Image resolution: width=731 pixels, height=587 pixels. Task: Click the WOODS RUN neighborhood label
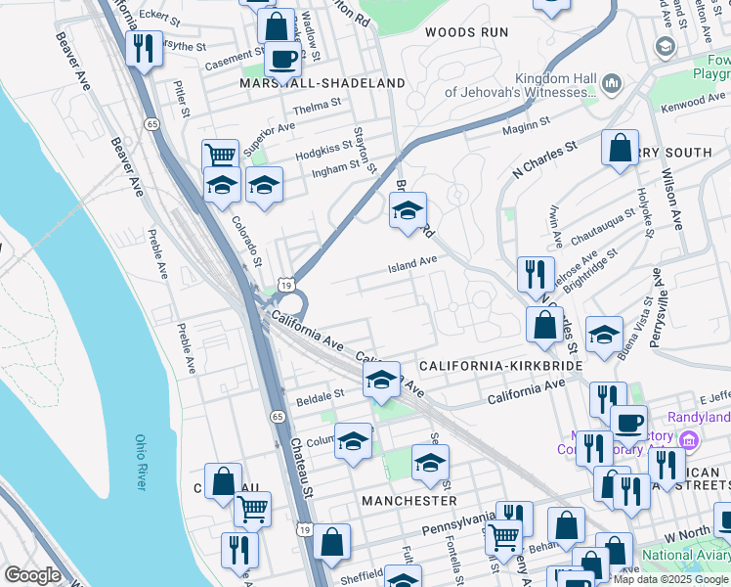click(x=466, y=32)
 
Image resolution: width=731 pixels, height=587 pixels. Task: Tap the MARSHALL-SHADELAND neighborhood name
click(x=322, y=84)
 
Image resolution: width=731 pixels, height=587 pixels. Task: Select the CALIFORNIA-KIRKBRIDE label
click(x=500, y=366)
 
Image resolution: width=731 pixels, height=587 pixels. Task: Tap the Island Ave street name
click(x=411, y=264)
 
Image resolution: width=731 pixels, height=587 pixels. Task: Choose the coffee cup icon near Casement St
click(x=282, y=58)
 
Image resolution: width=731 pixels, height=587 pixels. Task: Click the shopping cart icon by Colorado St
click(x=221, y=155)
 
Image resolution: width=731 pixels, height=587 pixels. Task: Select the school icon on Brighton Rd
click(x=408, y=208)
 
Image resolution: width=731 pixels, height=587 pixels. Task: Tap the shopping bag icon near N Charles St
click(x=620, y=148)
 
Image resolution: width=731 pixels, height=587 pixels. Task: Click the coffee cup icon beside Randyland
click(x=628, y=423)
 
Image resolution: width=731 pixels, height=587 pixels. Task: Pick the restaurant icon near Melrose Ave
click(x=536, y=273)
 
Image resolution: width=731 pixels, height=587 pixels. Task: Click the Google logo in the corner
click(x=32, y=575)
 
